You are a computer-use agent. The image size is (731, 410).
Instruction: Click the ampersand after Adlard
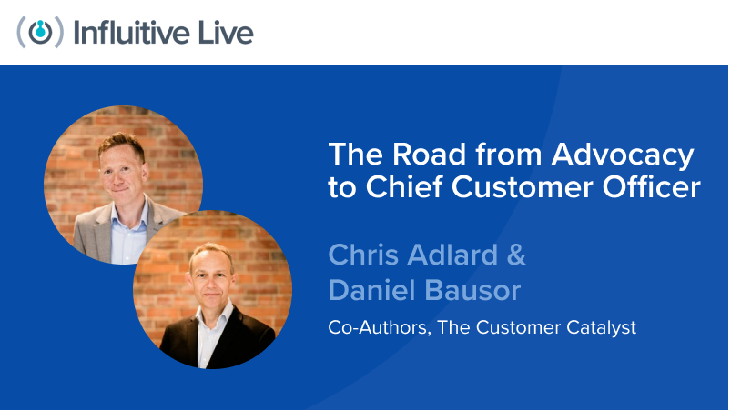point(515,255)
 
